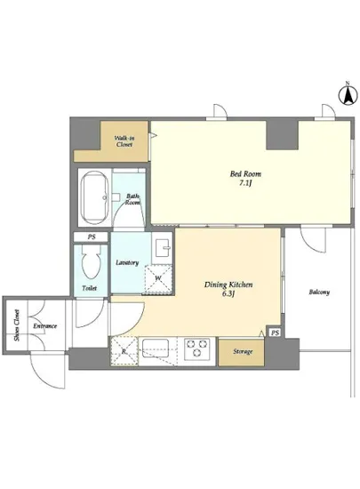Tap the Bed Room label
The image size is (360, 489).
pos(245,173)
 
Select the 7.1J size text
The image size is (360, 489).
pos(245,183)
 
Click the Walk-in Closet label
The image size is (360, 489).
pos(124,141)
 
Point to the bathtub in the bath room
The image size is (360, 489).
pos(94,197)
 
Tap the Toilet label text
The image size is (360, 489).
pos(90,288)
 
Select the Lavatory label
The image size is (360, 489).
pos(127,262)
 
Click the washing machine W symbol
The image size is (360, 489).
pos(158,279)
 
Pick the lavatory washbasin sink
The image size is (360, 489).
pos(162,248)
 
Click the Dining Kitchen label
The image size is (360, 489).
pos(228,285)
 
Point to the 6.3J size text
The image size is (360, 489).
pos(228,293)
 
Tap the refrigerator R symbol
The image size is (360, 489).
pos(124,351)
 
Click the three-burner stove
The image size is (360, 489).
pos(197,348)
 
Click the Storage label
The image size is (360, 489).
pos(243,352)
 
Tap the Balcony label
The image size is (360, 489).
pos(319,293)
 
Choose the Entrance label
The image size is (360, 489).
pos(45,326)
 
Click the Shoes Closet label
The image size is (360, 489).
pos(17,325)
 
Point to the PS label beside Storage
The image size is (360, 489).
pos(275,333)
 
